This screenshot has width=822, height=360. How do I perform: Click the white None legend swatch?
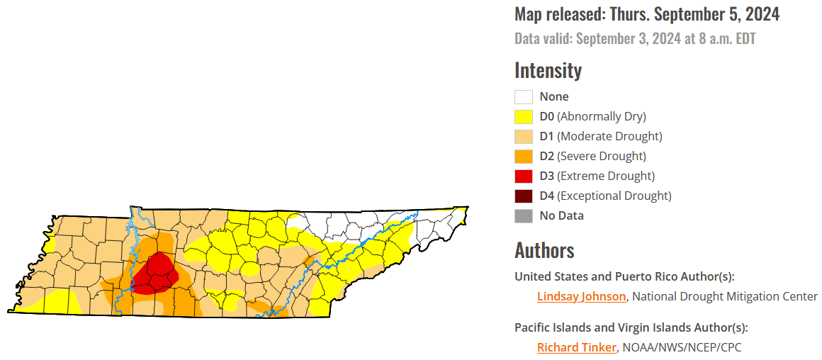(x=524, y=97)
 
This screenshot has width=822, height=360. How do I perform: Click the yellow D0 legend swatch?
(x=524, y=117)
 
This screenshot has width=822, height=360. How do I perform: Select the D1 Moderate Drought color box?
(x=524, y=137)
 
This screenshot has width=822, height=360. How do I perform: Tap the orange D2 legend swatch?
(x=524, y=157)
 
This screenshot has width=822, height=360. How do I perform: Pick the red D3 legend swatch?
(x=524, y=176)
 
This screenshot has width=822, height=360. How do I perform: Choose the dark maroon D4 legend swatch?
(x=524, y=196)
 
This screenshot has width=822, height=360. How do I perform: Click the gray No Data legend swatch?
(x=524, y=216)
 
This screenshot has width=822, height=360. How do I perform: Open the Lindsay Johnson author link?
(x=581, y=296)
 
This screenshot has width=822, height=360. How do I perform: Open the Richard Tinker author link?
(x=577, y=347)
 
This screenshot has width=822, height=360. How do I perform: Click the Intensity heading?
(x=548, y=70)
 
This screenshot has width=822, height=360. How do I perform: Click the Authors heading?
(x=544, y=250)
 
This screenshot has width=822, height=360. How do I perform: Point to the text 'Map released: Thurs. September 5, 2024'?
(x=647, y=14)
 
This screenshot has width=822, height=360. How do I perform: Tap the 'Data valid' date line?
(x=635, y=38)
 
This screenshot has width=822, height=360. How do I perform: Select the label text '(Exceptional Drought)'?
(x=614, y=196)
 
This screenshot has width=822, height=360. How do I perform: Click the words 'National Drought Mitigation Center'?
(x=724, y=296)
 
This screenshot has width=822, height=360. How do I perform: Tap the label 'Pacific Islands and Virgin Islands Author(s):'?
(x=631, y=327)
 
